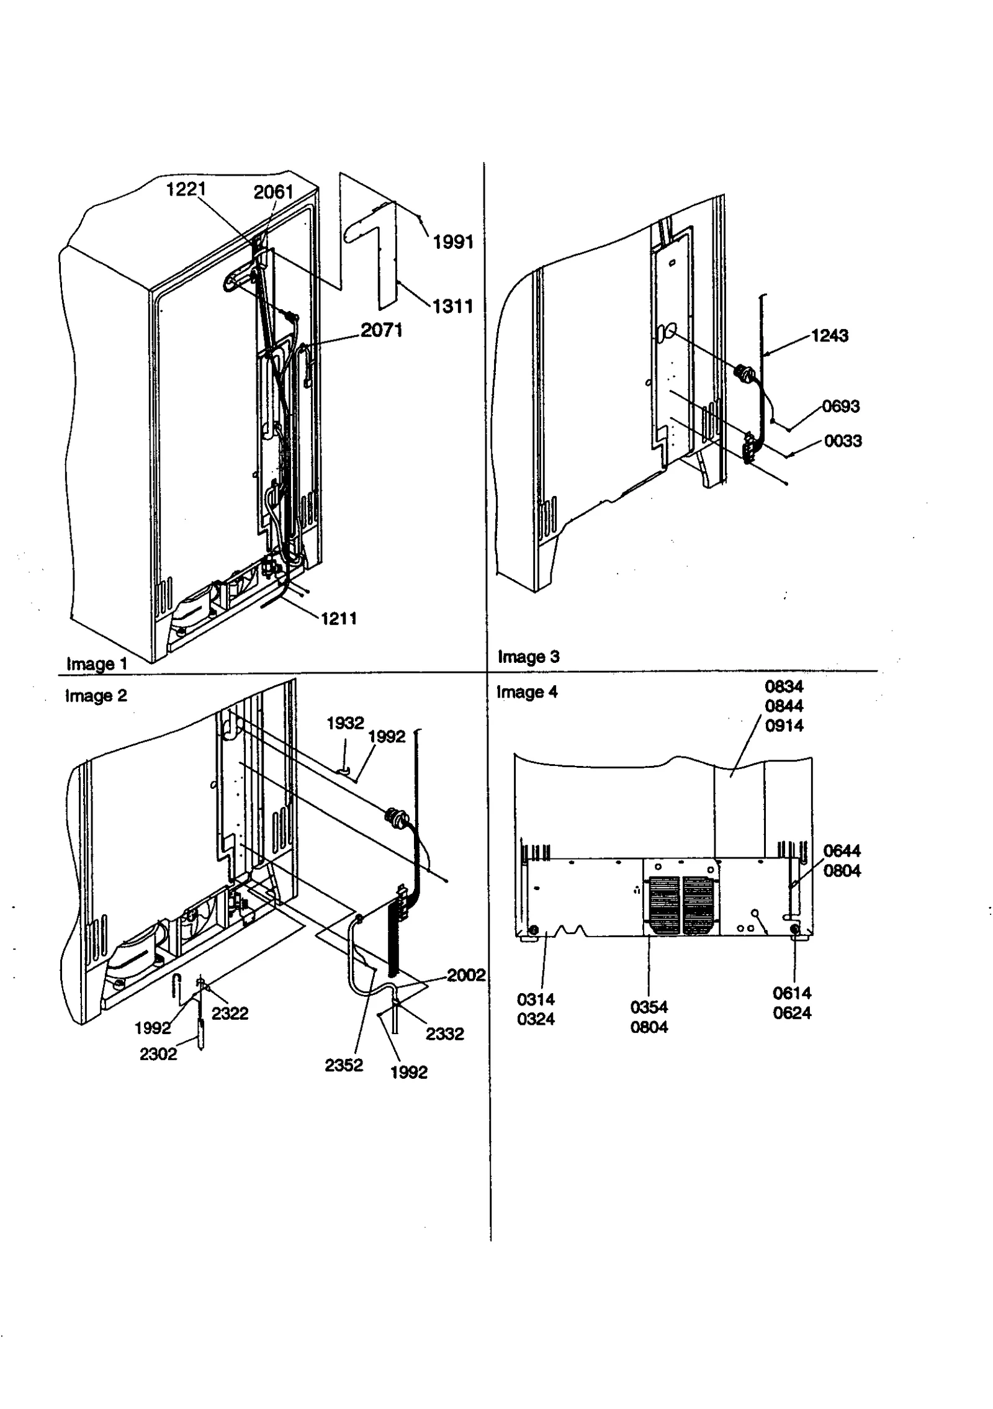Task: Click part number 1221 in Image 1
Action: coord(186,189)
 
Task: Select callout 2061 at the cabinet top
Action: coord(273,192)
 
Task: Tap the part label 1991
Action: coord(453,242)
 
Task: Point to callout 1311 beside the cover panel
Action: coord(452,306)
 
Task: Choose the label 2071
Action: coord(382,330)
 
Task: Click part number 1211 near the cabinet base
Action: coord(338,618)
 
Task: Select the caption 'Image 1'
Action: coord(97,664)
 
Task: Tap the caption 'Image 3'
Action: coord(528,657)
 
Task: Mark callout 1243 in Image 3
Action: coord(829,336)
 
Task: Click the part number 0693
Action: coord(841,407)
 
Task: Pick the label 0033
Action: coord(843,441)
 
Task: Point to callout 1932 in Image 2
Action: coord(345,723)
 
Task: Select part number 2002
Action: coord(465,975)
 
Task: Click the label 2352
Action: coord(343,1065)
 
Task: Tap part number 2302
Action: coord(158,1054)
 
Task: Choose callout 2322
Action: coord(230,1014)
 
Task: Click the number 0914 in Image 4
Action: coord(784,726)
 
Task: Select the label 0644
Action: coord(842,851)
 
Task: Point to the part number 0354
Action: coord(649,1007)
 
